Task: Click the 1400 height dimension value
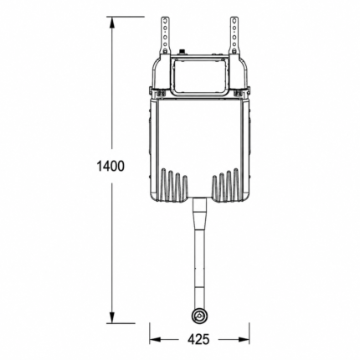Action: point(111,167)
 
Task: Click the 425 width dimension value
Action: point(198,340)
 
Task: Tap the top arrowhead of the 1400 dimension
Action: point(112,23)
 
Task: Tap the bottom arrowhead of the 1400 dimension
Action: point(112,317)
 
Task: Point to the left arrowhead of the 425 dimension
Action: point(155,340)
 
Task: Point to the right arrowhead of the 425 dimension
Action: point(244,340)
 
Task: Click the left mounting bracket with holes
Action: point(165,35)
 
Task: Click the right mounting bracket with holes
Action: point(234,35)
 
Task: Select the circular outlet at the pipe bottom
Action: point(199,316)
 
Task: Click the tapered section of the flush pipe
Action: point(199,217)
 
